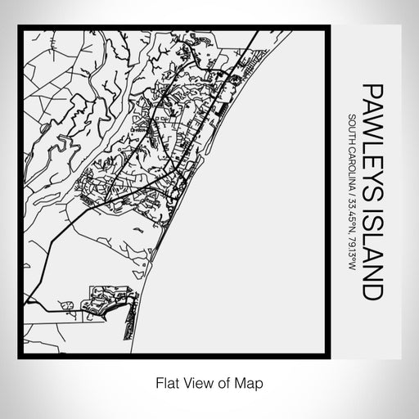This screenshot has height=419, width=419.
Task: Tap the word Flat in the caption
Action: coord(164,382)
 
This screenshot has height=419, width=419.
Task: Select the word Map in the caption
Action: coord(251,382)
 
